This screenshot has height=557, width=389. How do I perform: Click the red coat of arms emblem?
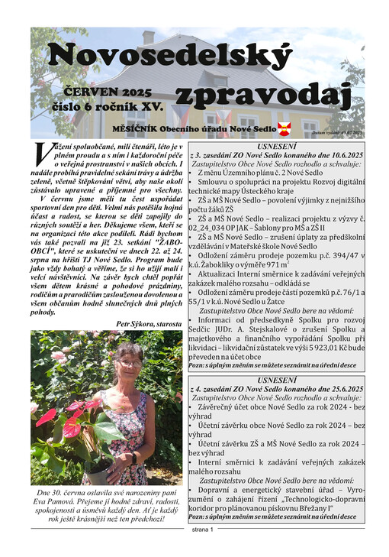tap(284, 129)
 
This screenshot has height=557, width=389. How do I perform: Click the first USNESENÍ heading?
tap(278, 145)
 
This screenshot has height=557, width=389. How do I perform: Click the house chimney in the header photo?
tap(148, 37)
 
